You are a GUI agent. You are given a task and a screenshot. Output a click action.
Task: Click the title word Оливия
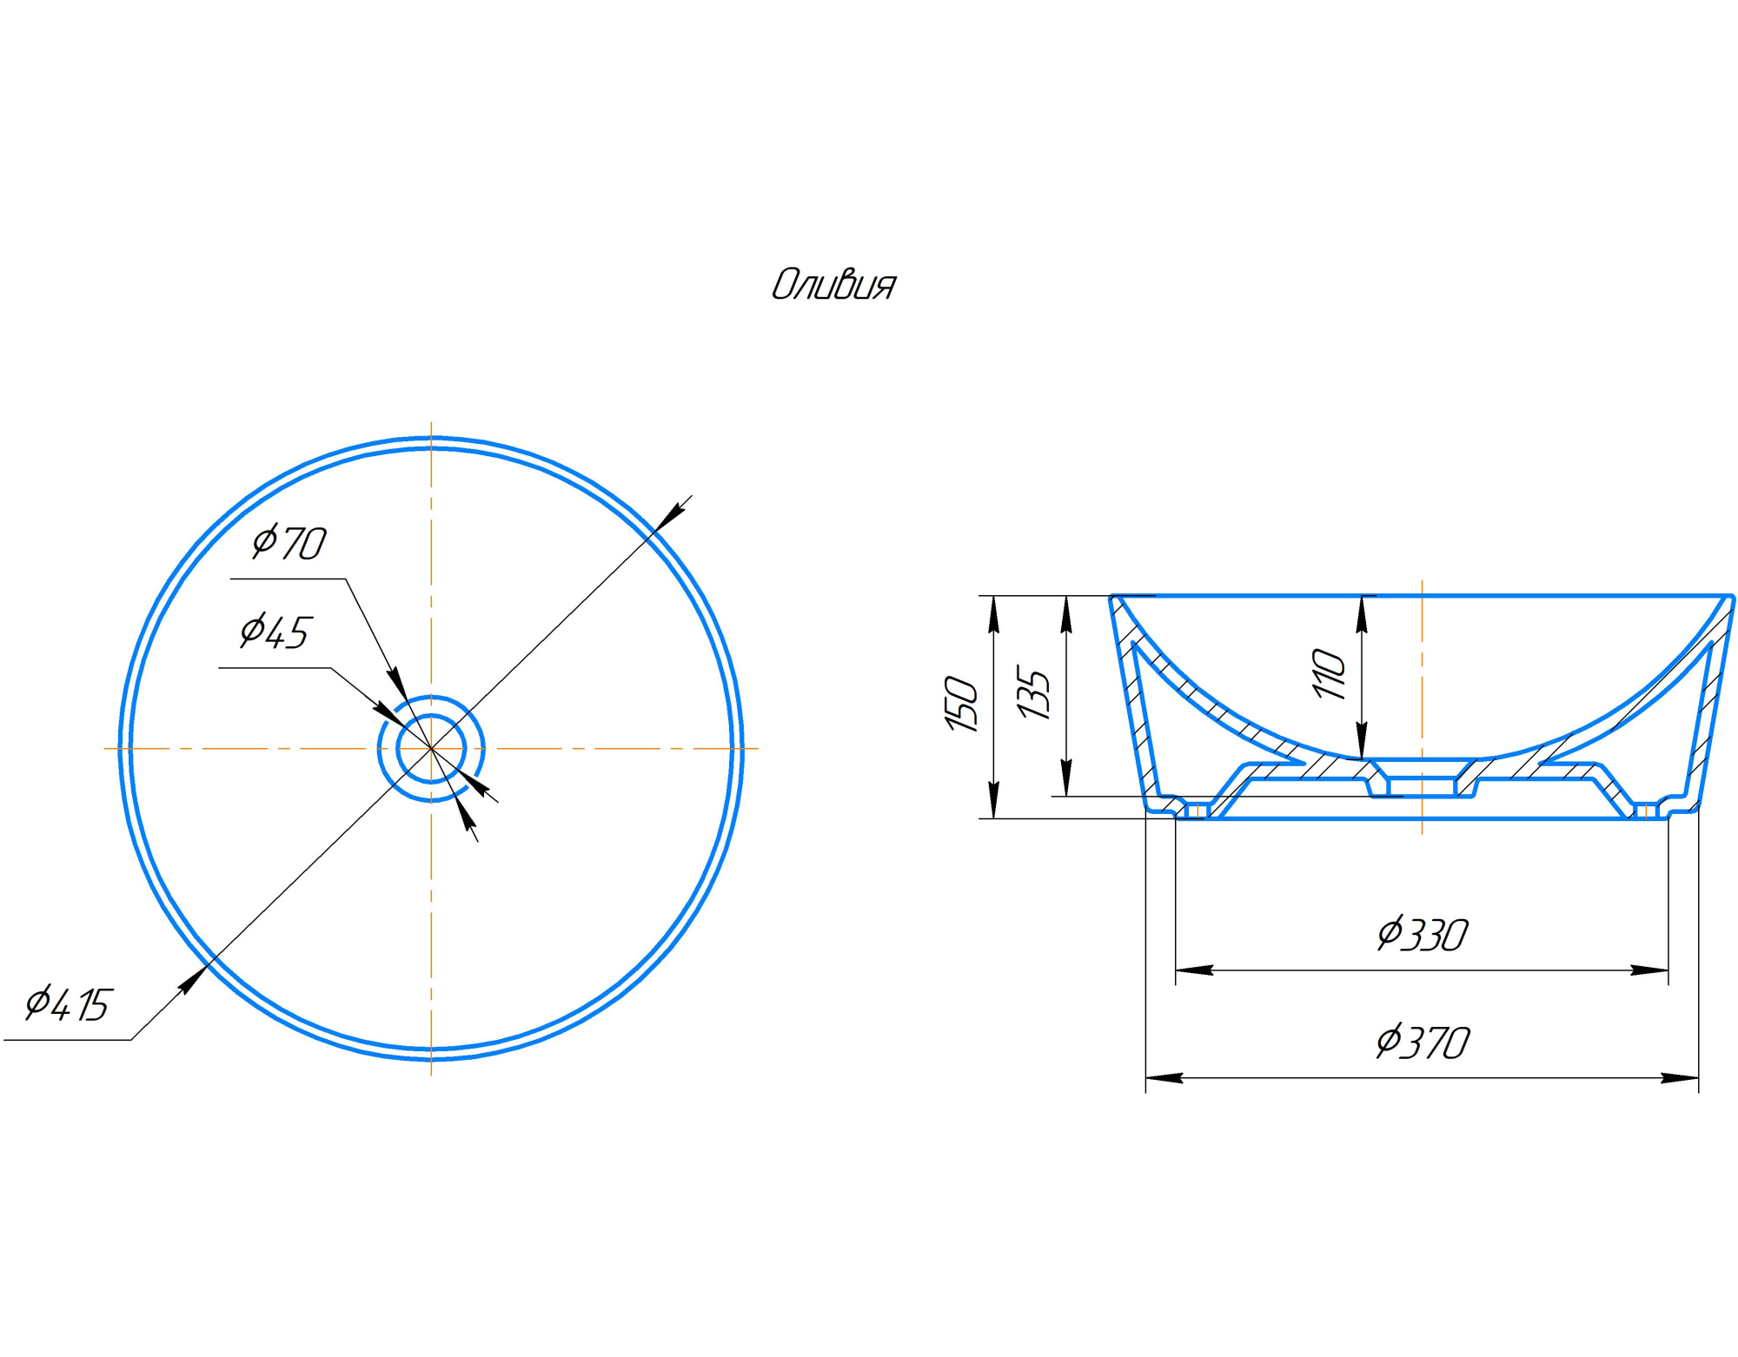coord(833,285)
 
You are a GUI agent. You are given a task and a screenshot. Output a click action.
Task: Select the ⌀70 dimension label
coord(289,543)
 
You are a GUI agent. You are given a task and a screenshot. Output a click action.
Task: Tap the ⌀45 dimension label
coord(275,632)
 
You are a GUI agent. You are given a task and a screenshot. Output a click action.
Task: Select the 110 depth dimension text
coord(1329,673)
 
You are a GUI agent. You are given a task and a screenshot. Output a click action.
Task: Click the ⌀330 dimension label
coord(1423,935)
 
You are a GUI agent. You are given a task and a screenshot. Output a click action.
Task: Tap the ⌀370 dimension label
coord(1423,1043)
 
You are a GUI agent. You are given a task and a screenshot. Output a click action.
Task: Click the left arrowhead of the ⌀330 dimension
coord(1194,970)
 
